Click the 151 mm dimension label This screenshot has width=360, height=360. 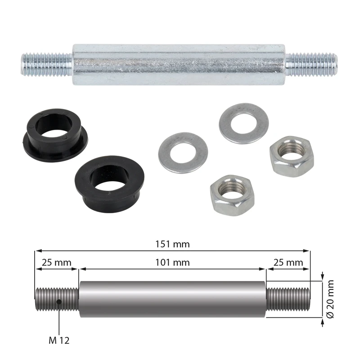tap(173, 244)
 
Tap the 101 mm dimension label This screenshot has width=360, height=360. tap(173, 262)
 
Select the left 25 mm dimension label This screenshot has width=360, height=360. tap(57, 262)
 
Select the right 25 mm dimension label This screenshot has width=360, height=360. tap(288, 262)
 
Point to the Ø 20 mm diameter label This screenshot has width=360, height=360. tap(330, 299)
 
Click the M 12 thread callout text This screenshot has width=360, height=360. tap(59, 340)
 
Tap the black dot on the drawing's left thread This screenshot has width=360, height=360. tap(59, 301)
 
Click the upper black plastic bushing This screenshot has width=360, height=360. tap(55, 135)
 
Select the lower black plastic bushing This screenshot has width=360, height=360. tap(109, 184)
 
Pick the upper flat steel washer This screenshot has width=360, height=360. tap(243, 123)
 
